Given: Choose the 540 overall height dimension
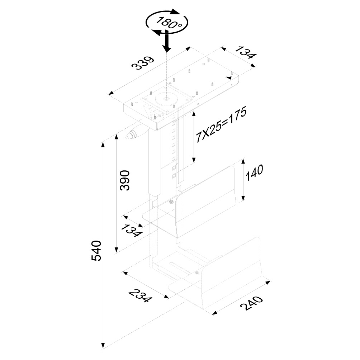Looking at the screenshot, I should [96, 251].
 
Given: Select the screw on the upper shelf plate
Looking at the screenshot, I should [171, 202].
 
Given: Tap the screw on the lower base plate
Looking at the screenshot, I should [196, 274].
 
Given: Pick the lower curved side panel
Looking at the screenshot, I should [233, 273].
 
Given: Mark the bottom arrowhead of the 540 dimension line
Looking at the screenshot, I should [103, 345].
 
